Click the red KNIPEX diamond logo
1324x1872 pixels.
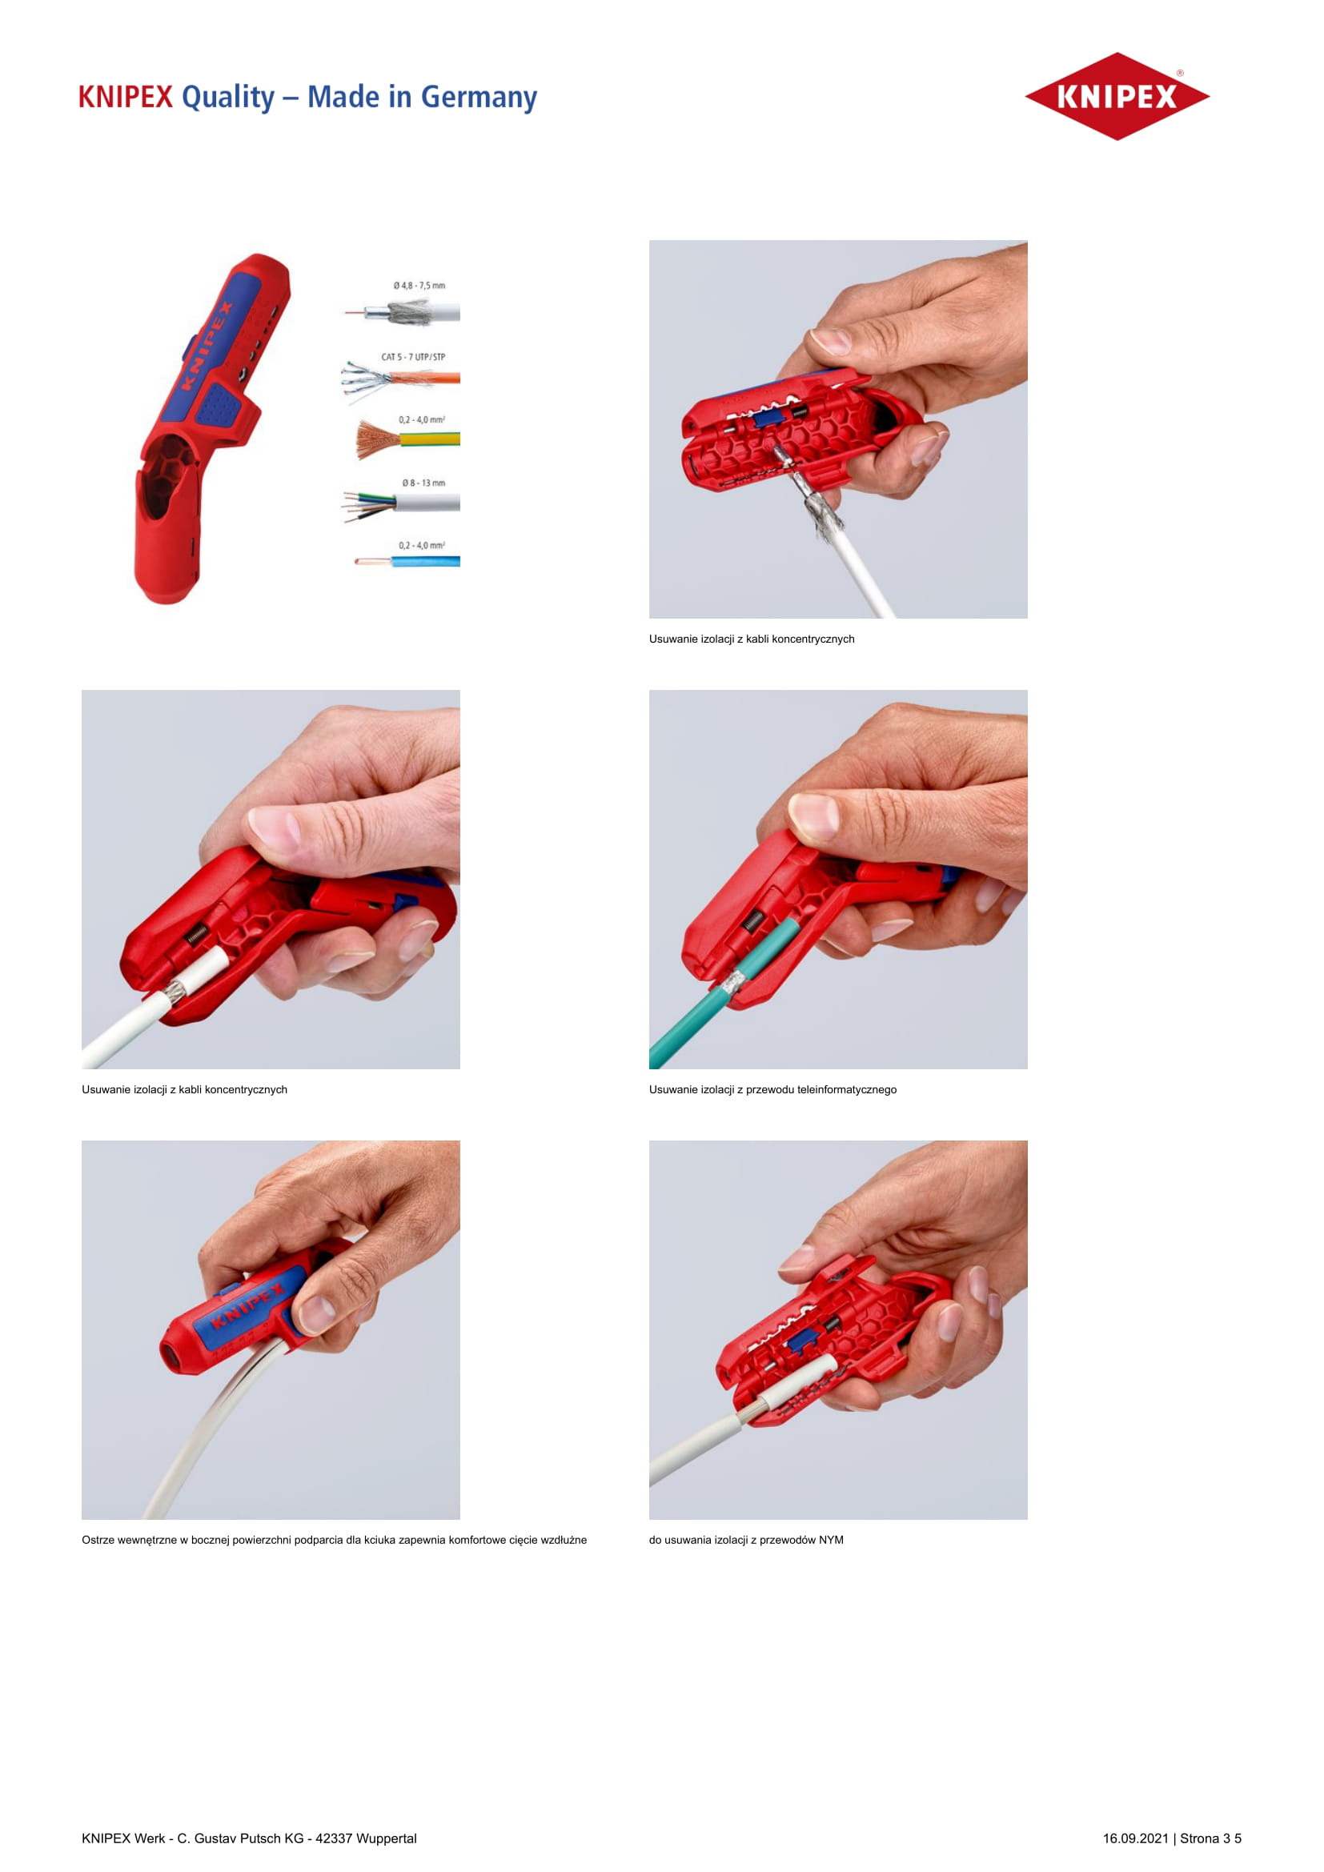1117,96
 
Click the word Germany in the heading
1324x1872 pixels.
479,98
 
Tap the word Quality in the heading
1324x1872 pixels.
228,98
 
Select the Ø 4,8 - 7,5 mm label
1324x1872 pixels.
419,286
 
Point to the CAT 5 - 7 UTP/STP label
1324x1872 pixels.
413,357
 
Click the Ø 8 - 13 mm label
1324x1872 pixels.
423,483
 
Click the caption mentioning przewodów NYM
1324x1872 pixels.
746,1540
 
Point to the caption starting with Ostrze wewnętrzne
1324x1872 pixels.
335,1540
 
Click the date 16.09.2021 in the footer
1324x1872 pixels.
1135,1838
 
